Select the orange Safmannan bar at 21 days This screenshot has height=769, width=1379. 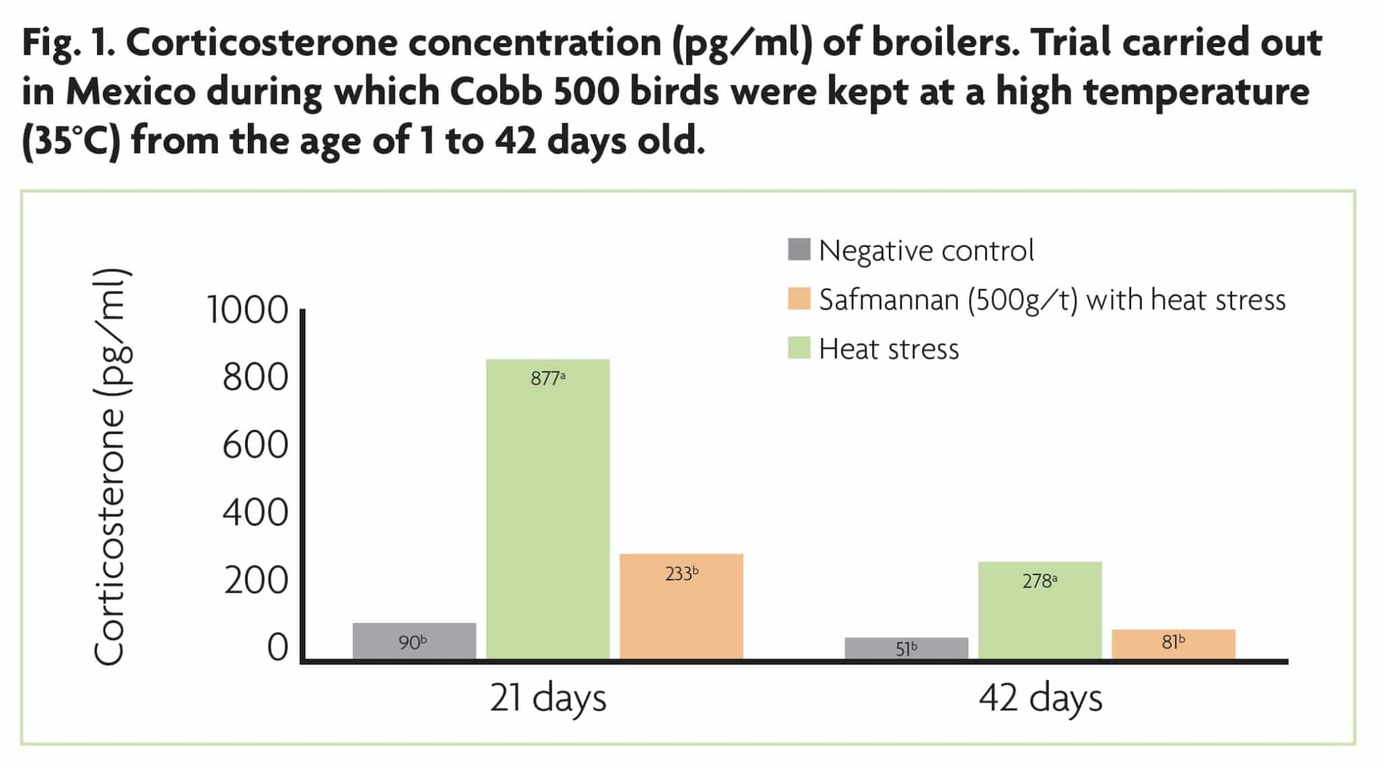pyautogui.click(x=681, y=606)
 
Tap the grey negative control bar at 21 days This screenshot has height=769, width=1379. pyautogui.click(x=414, y=641)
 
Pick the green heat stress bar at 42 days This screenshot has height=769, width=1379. pyautogui.click(x=1040, y=610)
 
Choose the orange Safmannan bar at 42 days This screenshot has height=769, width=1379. pyautogui.click(x=1173, y=644)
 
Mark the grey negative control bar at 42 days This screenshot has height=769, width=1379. pyautogui.click(x=906, y=648)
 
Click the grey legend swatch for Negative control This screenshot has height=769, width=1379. pyautogui.click(x=799, y=249)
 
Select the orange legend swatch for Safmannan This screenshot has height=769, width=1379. pyautogui.click(x=799, y=299)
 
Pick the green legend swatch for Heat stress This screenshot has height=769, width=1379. pyautogui.click(x=799, y=348)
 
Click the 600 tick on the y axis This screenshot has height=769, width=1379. pyautogui.click(x=255, y=445)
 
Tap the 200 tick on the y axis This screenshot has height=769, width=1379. pyautogui.click(x=256, y=580)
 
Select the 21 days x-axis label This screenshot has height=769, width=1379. pyautogui.click(x=547, y=698)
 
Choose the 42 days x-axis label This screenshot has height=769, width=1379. pyautogui.click(x=1040, y=698)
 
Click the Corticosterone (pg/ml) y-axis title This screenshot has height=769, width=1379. pyautogui.click(x=110, y=468)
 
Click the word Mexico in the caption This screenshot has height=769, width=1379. pyautogui.click(x=131, y=92)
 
